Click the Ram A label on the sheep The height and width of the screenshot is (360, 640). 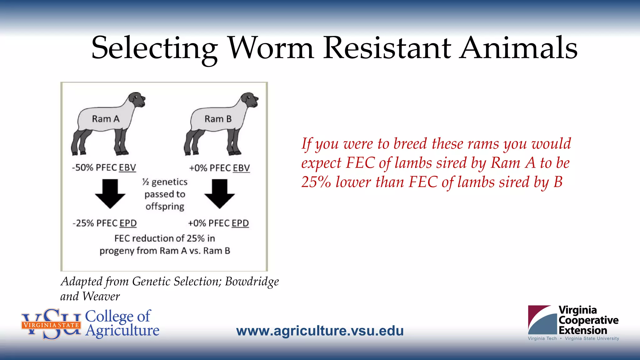coord(106,119)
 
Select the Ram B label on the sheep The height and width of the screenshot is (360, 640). coord(218,119)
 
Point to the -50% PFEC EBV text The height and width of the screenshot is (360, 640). coord(104,167)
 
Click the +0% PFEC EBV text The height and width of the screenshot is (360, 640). coord(219,168)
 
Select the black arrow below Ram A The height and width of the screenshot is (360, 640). coord(110,194)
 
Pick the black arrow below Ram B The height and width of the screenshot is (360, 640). coord(219,194)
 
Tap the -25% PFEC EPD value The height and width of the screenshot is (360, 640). coord(105,223)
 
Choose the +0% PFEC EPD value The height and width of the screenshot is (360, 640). coord(218,223)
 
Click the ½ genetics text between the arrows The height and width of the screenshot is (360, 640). coord(165,182)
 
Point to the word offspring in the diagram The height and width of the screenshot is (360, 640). coord(165,207)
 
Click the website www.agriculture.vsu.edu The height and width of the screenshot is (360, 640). coord(320,331)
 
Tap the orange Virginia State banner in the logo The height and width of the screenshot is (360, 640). coord(51,325)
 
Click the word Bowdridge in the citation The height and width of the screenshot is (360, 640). coord(252,282)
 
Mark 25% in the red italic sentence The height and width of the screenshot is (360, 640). coord(316,182)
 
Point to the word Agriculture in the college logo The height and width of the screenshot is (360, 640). coord(122,331)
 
